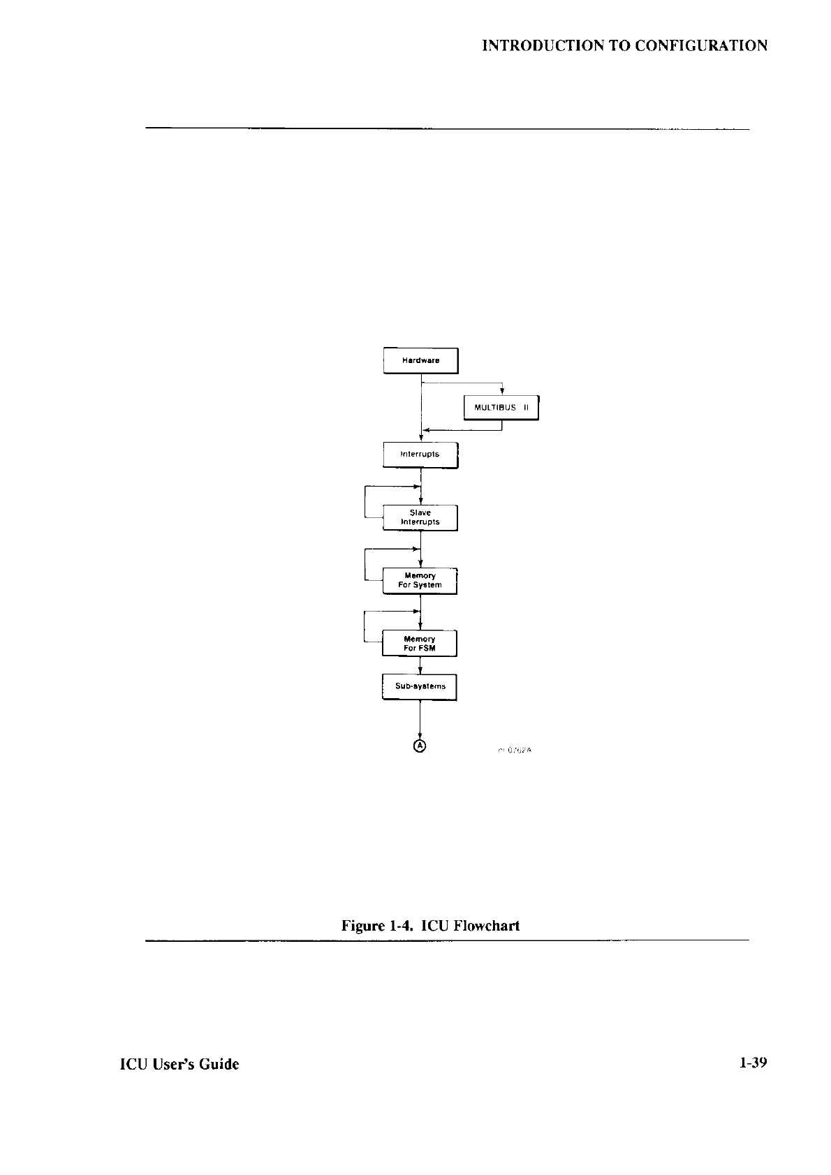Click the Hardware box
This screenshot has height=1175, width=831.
pos(420,360)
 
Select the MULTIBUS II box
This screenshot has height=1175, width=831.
pos(501,407)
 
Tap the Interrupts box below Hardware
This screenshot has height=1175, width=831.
pos(420,455)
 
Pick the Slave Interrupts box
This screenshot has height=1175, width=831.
pos(420,517)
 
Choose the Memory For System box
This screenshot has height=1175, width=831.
pos(420,580)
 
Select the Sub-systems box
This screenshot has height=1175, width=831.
pos(419,686)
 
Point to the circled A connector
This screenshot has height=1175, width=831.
pos(420,746)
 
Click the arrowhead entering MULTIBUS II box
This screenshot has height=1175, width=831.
pos(503,392)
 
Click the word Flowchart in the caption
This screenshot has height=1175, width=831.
pos(486,926)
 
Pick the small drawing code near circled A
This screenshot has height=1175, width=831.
pos(515,750)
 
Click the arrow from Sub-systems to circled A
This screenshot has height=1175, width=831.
pos(420,719)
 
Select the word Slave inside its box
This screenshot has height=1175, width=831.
pos(420,512)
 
